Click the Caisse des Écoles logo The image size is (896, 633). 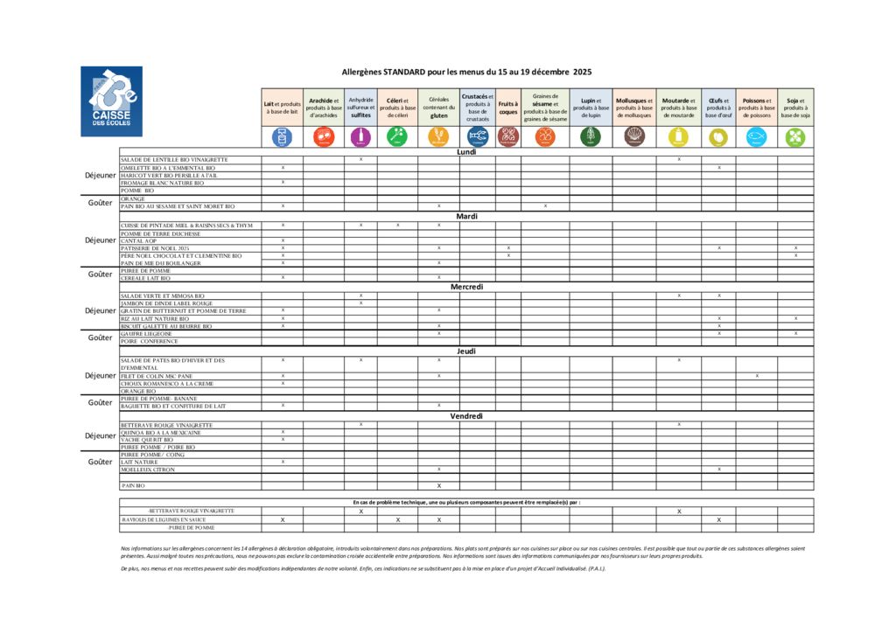111,101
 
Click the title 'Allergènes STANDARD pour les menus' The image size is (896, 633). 466,72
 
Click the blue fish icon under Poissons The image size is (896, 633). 756,136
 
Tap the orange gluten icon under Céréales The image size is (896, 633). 438,136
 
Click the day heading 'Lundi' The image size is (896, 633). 466,152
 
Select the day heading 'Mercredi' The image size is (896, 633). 466,287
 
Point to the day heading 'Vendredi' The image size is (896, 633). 466,416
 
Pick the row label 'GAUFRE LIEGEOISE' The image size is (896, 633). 147,334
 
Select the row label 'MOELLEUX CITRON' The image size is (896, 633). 148,470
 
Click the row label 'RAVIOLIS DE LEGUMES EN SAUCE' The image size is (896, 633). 164,519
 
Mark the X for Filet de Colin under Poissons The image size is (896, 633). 757,376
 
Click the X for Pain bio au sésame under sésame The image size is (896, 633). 545,206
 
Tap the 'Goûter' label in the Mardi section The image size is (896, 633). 101,275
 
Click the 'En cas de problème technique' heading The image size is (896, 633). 466,502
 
